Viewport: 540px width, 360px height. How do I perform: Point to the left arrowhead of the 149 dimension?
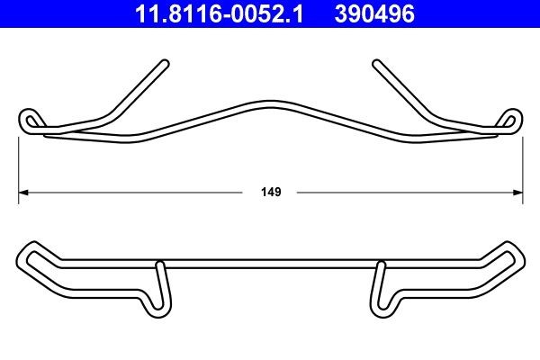point(24,192)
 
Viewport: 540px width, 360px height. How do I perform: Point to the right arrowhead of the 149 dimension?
point(518,192)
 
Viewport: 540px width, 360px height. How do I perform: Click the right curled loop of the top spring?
point(510,120)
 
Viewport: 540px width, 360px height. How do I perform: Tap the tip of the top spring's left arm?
point(166,62)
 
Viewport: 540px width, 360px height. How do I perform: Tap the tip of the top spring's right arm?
point(375,62)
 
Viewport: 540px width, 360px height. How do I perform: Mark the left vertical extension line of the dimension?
point(20,162)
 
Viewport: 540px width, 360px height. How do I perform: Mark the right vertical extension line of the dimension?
point(523,162)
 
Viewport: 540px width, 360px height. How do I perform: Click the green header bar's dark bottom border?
point(270,28)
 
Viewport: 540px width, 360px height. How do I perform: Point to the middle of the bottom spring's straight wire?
point(270,265)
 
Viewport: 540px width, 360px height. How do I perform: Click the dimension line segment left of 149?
point(135,192)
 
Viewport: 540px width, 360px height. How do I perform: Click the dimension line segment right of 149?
point(405,192)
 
